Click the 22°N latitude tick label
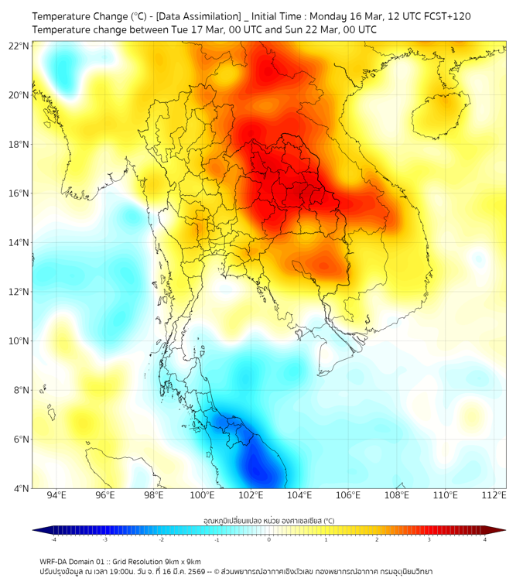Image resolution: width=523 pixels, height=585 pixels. point(19,46)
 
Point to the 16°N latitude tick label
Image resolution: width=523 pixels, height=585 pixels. point(19,193)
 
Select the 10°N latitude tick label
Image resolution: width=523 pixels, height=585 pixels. point(19,341)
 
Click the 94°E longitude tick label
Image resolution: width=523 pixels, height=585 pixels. point(56,495)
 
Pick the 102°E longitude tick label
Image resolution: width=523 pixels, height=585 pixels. point(251,495)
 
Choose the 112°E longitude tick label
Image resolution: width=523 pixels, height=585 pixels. point(494,495)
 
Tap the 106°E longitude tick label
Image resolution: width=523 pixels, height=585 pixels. point(349,495)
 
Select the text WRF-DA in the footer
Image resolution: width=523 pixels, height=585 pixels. point(54,561)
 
